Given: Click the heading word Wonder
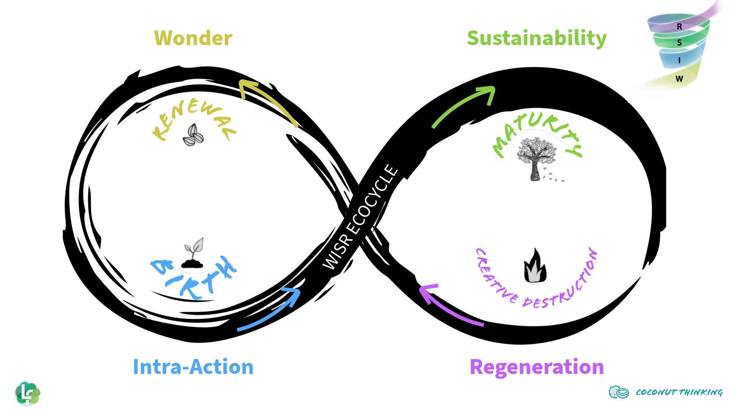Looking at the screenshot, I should pyautogui.click(x=193, y=38).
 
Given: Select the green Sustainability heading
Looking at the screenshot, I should pyautogui.click(x=536, y=38).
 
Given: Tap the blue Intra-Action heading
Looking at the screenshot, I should pyautogui.click(x=193, y=367).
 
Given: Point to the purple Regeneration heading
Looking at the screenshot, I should pyautogui.click(x=536, y=367).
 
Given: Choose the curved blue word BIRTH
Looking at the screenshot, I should pyautogui.click(x=194, y=277).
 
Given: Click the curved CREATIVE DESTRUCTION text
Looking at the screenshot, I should pyautogui.click(x=535, y=289).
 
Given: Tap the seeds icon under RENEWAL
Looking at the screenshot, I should pyautogui.click(x=193, y=135).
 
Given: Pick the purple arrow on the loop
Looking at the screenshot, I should pyautogui.click(x=448, y=306).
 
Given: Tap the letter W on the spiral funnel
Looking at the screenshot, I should pyautogui.click(x=679, y=79).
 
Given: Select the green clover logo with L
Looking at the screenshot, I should pyautogui.click(x=28, y=393).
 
